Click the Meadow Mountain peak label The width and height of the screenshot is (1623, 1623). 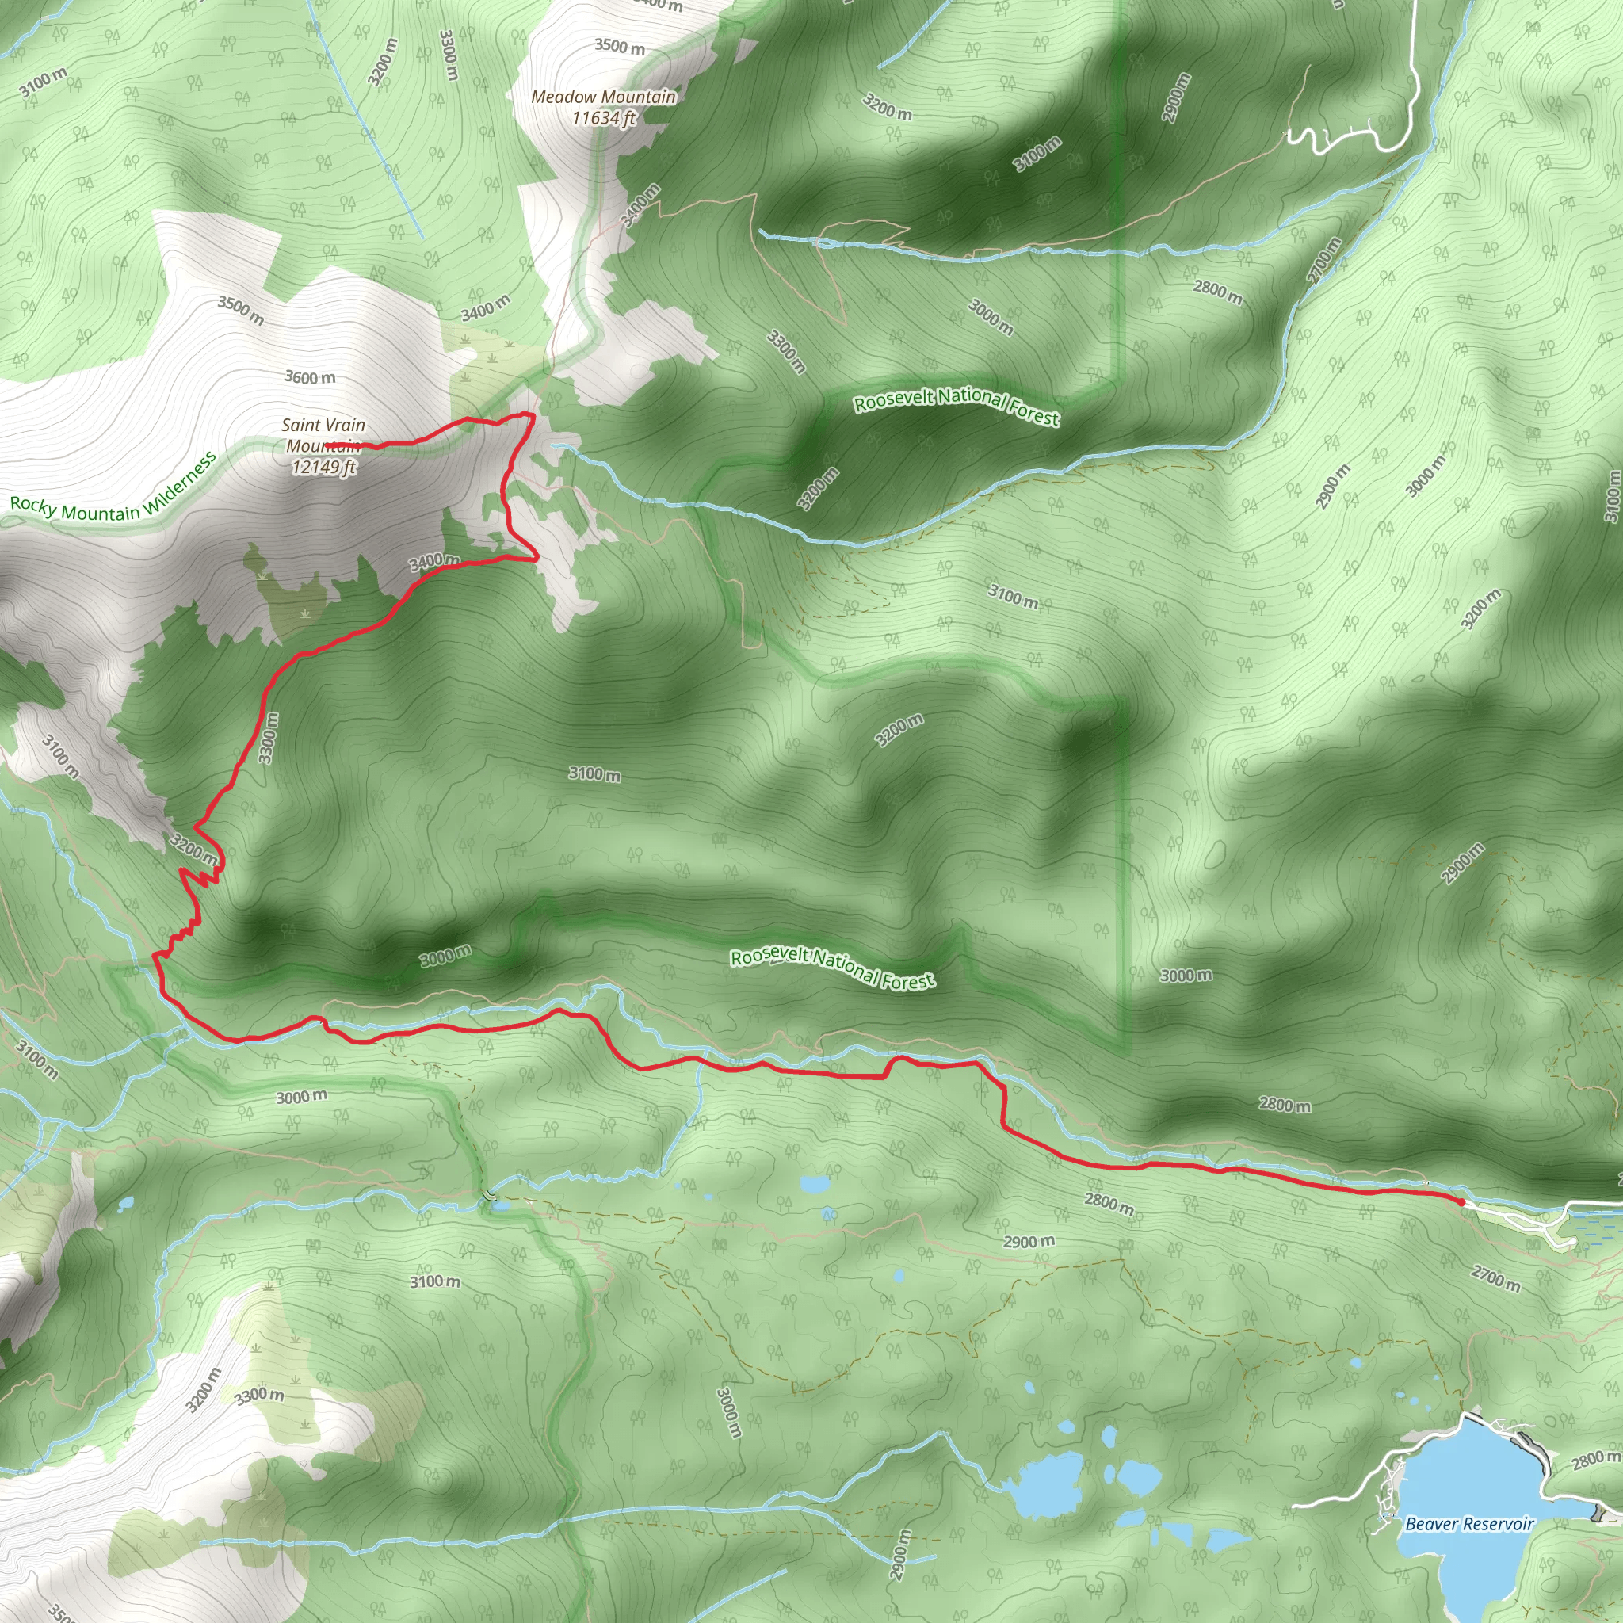point(603,97)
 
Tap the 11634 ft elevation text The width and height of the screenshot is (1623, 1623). point(603,117)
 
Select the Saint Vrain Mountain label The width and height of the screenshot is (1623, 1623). point(323,435)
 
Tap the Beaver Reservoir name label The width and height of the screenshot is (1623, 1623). point(1469,1500)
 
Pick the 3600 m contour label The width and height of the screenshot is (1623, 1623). point(309,377)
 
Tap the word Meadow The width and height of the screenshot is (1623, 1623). point(563,97)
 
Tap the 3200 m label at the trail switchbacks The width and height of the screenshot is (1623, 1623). point(194,850)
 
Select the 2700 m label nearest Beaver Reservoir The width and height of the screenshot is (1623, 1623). point(1495,1278)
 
